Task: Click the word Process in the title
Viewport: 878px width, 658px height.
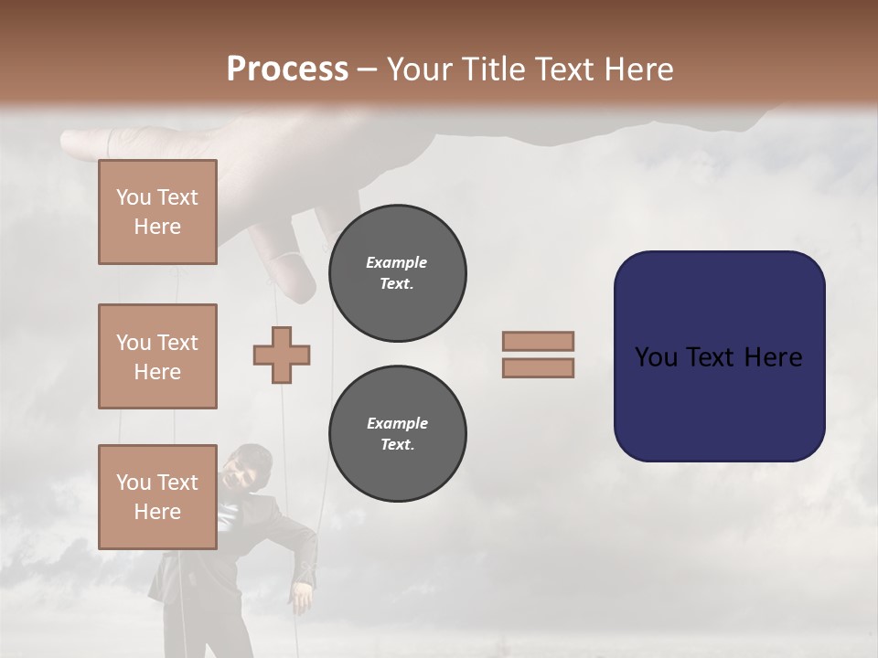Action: (287, 69)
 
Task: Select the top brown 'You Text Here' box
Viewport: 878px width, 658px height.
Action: (157, 212)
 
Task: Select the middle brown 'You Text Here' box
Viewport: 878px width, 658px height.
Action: (157, 356)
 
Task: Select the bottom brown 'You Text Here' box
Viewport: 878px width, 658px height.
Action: (157, 497)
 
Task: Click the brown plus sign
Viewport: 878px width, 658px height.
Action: (282, 355)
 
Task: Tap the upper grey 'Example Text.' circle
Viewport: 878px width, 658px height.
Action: (397, 272)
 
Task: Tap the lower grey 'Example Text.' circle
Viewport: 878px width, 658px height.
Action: (397, 433)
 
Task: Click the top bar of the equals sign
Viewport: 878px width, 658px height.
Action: (538, 342)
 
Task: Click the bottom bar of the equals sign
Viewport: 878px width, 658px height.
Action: (538, 367)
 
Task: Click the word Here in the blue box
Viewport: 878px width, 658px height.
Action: (773, 357)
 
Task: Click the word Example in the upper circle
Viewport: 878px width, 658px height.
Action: (397, 262)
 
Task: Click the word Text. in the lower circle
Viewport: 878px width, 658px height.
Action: (397, 444)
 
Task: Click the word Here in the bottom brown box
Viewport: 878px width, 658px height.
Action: (157, 512)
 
